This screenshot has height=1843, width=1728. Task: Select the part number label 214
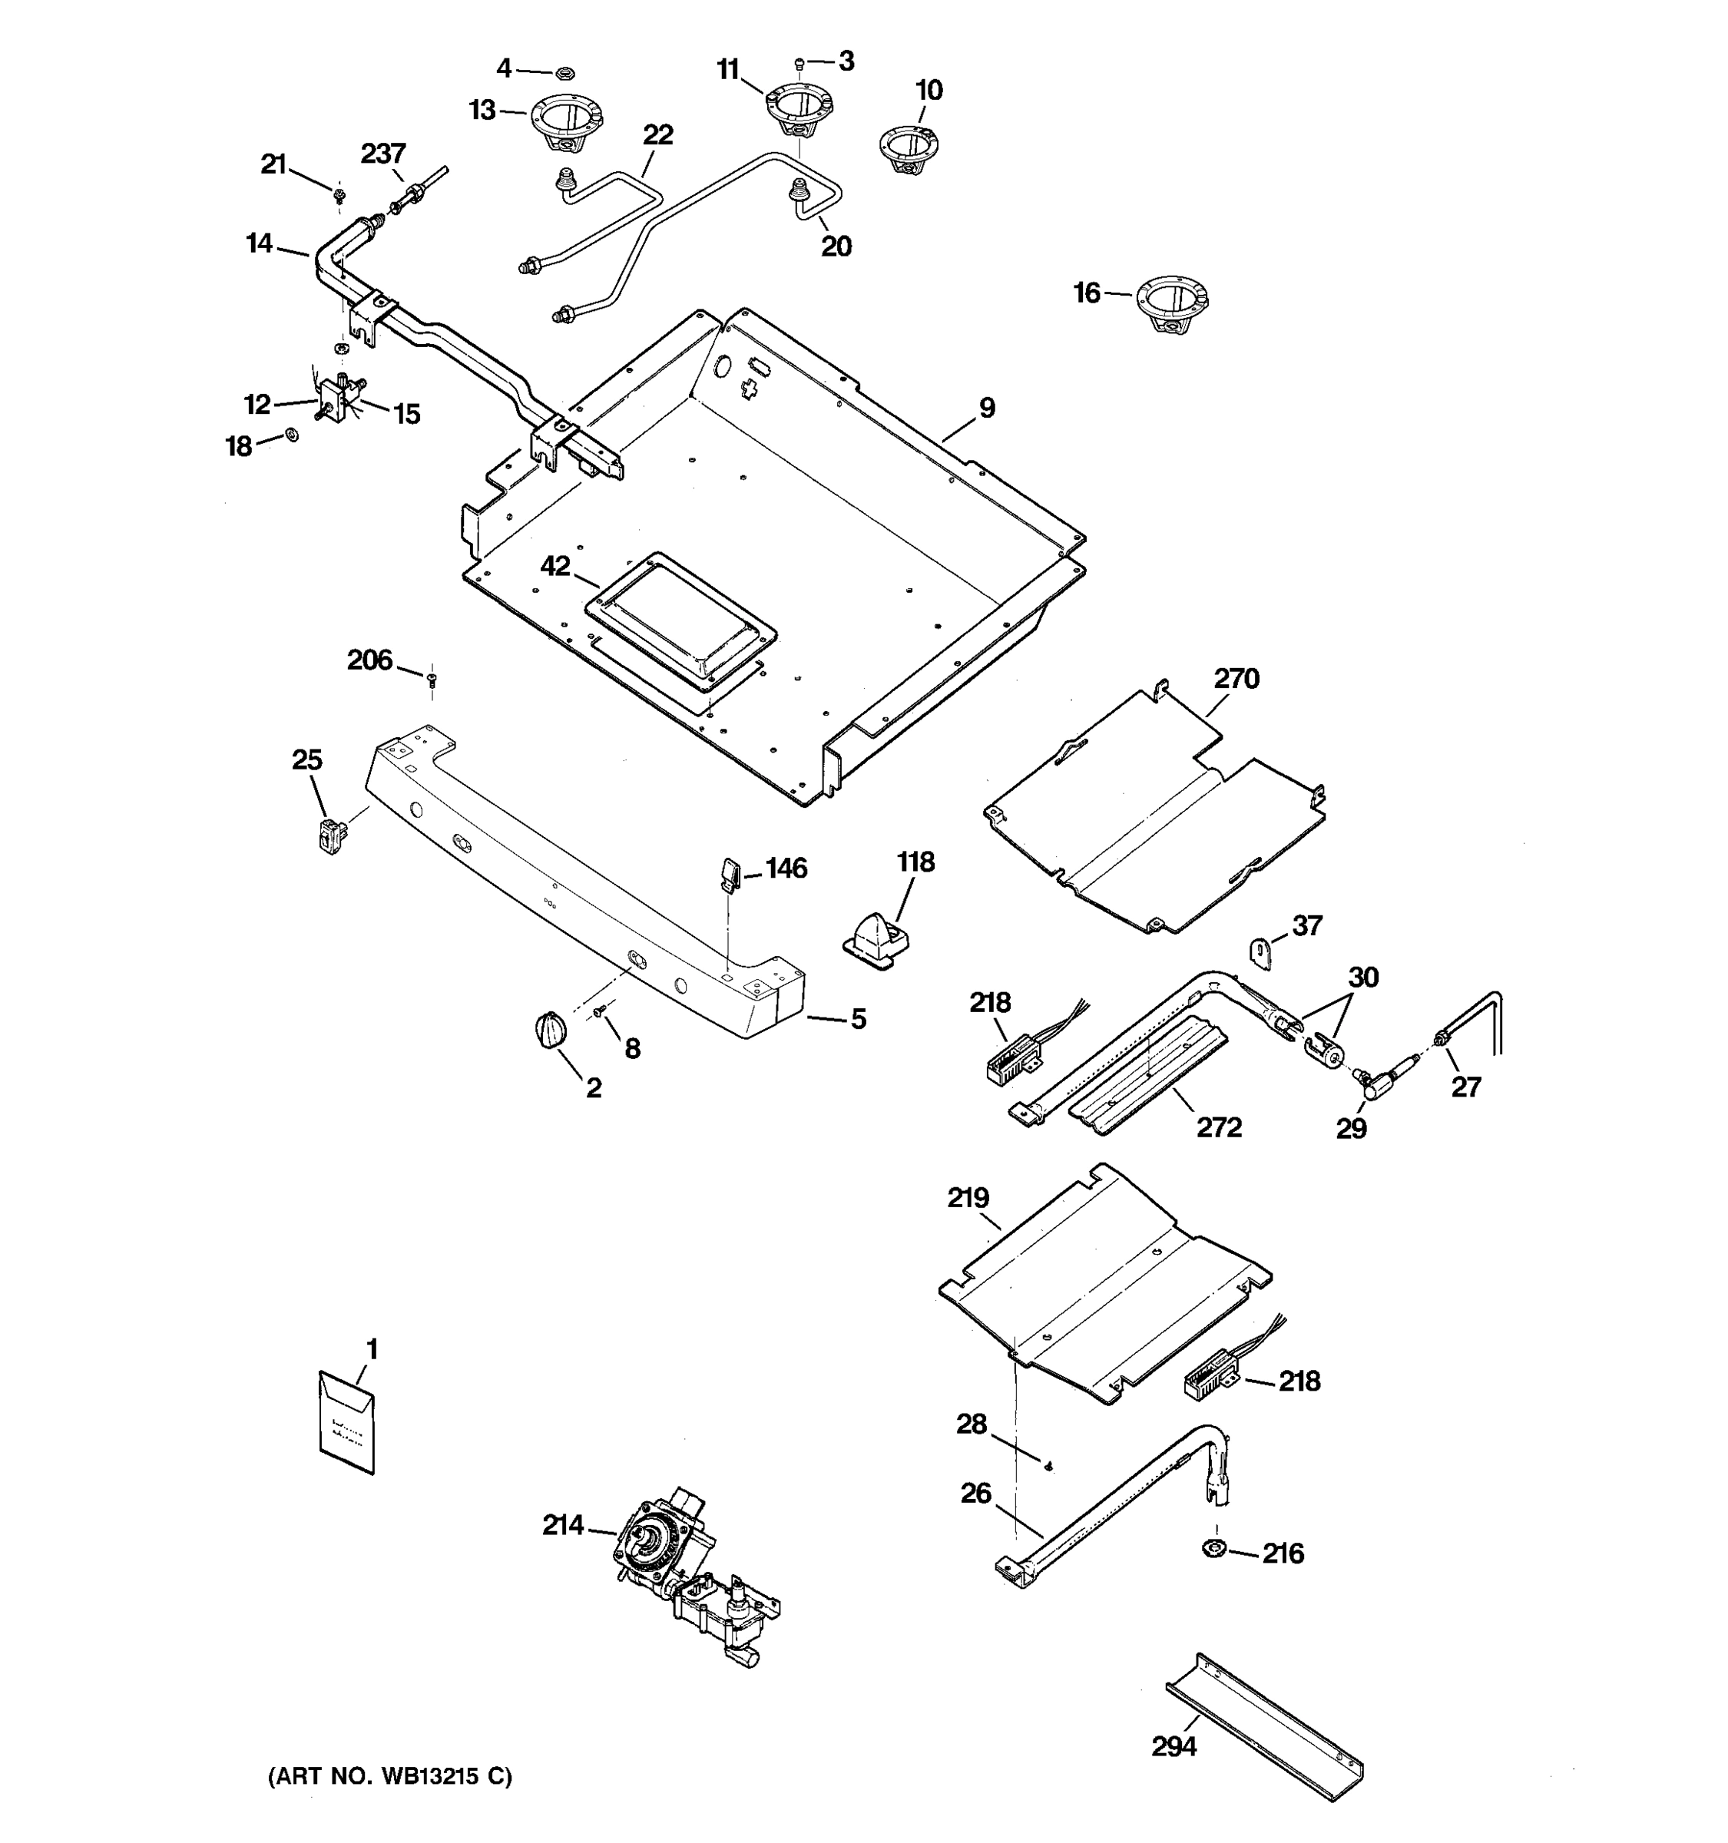pos(563,1525)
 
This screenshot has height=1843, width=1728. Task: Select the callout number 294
pos(1174,1746)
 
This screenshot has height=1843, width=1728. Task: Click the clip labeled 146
pos(729,872)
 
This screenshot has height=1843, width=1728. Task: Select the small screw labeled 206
pos(432,680)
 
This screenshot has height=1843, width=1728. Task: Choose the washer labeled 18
pos(291,434)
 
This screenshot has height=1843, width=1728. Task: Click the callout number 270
pos(1236,679)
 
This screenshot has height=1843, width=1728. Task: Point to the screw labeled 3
pos(799,64)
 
